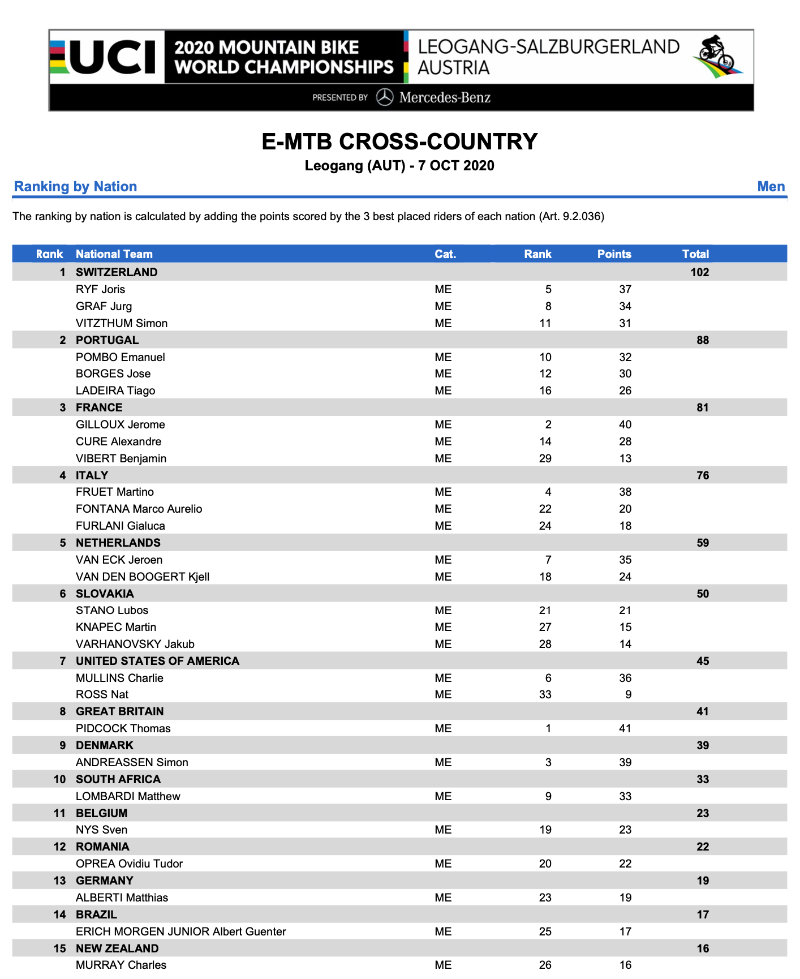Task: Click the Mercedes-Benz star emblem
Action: click(385, 97)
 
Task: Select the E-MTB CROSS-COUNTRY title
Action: click(399, 141)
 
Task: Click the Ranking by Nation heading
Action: click(75, 186)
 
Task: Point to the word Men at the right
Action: click(771, 186)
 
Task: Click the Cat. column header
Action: click(445, 254)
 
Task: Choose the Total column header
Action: click(695, 254)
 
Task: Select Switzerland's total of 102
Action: click(699, 272)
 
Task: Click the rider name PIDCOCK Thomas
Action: click(123, 728)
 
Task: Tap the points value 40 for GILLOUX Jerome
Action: click(625, 424)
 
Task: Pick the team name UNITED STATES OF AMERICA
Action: click(157, 661)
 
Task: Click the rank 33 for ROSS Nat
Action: click(545, 694)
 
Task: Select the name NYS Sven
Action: click(102, 830)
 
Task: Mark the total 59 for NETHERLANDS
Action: click(703, 543)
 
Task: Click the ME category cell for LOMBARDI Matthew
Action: click(443, 796)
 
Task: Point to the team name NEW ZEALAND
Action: click(117, 948)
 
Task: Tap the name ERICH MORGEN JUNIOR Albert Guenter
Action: click(181, 931)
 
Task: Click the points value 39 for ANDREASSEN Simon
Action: click(625, 762)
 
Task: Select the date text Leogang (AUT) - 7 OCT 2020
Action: click(399, 166)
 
